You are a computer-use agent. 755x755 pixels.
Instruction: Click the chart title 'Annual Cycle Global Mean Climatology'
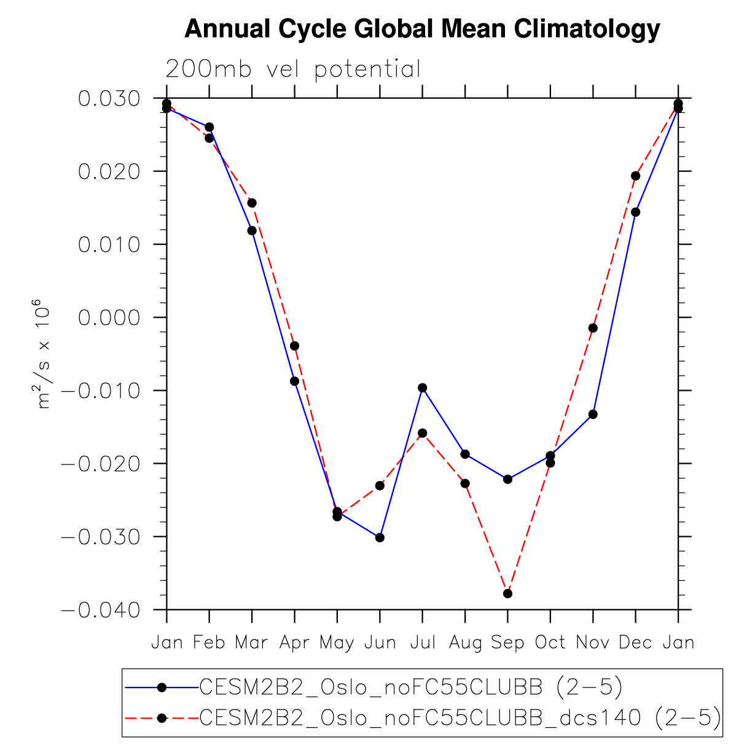(422, 29)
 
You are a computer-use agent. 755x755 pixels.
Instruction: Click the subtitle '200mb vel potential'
(293, 69)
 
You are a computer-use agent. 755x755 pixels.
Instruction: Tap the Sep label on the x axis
(507, 643)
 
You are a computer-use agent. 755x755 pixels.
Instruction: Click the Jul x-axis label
(423, 643)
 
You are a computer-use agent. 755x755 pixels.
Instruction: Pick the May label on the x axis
(337, 643)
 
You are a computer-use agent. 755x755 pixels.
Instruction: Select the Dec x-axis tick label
(635, 643)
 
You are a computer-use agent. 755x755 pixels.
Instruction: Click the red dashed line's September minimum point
(507, 593)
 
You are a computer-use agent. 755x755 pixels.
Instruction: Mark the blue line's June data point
(380, 538)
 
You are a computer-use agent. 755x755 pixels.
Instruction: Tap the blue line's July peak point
(423, 388)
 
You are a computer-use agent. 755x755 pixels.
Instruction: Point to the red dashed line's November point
(593, 328)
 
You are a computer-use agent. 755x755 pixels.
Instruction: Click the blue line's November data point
(593, 415)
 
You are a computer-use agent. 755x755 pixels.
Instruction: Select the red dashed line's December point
(635, 176)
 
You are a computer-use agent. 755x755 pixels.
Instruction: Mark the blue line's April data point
(294, 381)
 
